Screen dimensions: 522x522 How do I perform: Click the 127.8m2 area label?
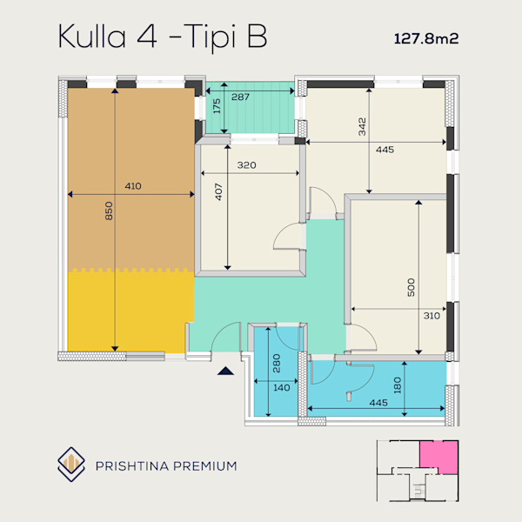point(426,38)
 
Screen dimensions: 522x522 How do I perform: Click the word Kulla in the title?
point(92,37)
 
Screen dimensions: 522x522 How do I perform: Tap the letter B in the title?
point(257,37)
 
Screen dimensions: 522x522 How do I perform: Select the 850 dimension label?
point(109,211)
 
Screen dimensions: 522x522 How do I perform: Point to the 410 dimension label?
point(133,186)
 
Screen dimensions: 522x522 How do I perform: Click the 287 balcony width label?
point(240,97)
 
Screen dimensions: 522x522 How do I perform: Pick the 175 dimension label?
point(217,106)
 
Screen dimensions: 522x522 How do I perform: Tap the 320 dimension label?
point(247,165)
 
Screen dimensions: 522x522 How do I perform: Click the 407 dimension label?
point(218,191)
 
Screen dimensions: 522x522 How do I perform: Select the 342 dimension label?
point(362,127)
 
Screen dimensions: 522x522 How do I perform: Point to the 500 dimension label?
point(412,287)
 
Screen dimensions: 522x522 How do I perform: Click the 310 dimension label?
point(432,316)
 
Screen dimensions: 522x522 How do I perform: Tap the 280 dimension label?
point(277,363)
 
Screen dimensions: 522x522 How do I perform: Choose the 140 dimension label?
point(282,387)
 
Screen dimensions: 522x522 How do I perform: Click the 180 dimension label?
point(398,385)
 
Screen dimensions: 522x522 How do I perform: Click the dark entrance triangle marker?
point(225,371)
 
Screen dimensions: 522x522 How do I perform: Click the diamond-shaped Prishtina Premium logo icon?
point(71,465)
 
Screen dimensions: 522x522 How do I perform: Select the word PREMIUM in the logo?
point(205,465)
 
